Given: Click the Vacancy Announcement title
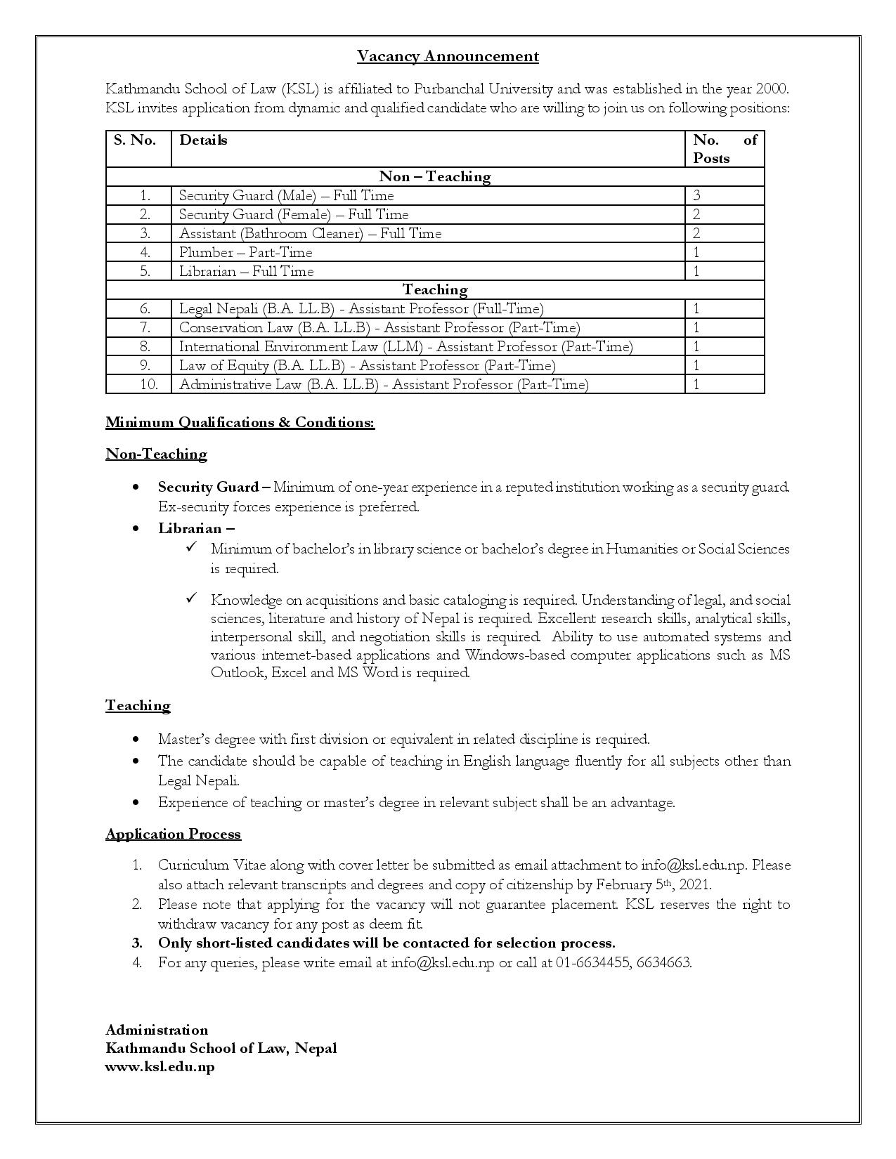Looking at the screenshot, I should (x=448, y=56).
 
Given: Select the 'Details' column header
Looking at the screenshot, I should (x=203, y=140).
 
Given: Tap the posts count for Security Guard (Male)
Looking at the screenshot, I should (x=697, y=195).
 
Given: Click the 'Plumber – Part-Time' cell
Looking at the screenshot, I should (x=245, y=252).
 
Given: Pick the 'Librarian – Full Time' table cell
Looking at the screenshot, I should (x=246, y=271).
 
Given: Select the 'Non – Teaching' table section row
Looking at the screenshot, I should (x=435, y=176).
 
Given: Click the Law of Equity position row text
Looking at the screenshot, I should (x=367, y=365).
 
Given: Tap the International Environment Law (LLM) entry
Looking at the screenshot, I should (x=405, y=346).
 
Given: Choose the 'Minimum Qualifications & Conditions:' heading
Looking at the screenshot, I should (x=240, y=422).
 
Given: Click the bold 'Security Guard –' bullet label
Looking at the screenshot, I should (x=214, y=487).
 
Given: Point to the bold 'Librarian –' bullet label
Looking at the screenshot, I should (x=196, y=528).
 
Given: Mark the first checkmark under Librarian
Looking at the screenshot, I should (x=191, y=547).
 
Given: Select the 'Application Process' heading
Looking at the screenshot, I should (x=173, y=834).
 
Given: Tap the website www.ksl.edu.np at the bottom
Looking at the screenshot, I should (x=160, y=1066).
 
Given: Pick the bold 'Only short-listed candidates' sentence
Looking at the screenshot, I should (x=386, y=943).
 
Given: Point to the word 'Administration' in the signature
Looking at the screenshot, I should (x=157, y=1030).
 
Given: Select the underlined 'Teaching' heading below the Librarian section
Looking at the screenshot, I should (x=138, y=705).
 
